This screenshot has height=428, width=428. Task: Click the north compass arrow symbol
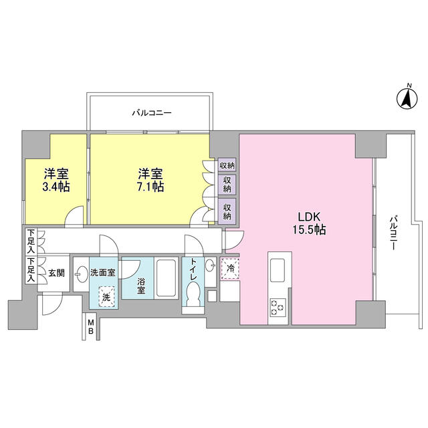[405, 99]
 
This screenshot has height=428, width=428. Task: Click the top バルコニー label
[151, 113]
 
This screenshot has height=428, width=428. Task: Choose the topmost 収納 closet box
[227, 165]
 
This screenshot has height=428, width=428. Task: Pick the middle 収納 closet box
[227, 185]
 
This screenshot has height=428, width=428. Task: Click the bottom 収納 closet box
[227, 211]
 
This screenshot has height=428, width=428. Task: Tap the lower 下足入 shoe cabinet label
[31, 271]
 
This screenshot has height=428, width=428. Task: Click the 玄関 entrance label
[56, 273]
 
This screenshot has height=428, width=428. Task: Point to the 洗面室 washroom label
[103, 272]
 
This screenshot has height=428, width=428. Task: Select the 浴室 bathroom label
[141, 286]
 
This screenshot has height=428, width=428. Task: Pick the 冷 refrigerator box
[231, 268]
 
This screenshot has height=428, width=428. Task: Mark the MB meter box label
[90, 328]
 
